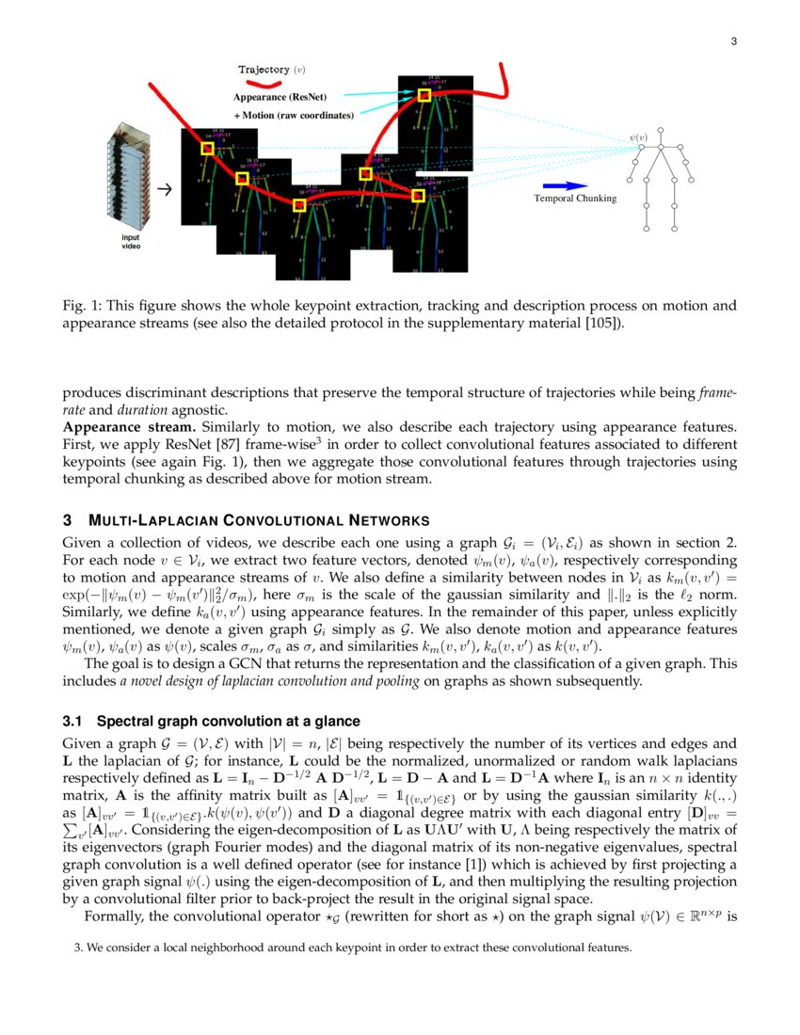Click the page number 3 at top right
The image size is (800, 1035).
[733, 40]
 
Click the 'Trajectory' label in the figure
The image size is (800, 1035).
[264, 70]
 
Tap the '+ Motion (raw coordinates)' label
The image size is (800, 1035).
[294, 116]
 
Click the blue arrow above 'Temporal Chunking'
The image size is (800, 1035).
[563, 185]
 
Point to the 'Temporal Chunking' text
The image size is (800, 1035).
[575, 199]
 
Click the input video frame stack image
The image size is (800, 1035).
[129, 179]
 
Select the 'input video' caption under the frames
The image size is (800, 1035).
[129, 242]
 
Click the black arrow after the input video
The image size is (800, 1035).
[164, 189]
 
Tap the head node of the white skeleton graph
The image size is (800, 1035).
[661, 131]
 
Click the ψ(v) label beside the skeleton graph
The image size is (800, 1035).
[639, 138]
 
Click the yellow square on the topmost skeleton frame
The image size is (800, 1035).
[424, 95]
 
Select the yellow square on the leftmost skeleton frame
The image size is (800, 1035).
[207, 148]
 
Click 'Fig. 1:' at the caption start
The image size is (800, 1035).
[79, 306]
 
